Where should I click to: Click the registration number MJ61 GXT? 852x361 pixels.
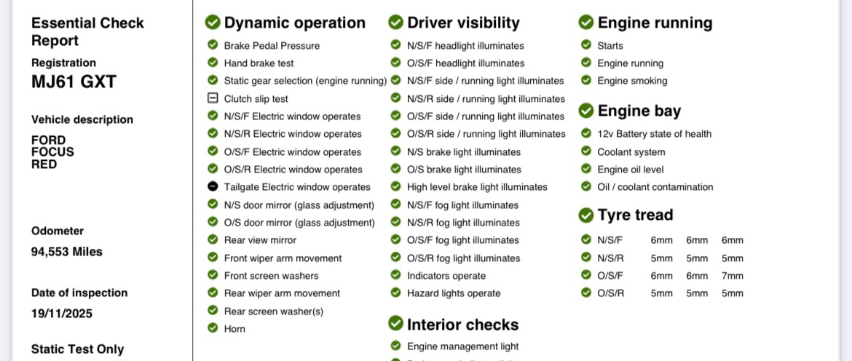coord(74,82)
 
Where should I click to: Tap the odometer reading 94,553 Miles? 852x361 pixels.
coord(67,252)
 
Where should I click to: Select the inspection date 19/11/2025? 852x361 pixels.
coord(62,314)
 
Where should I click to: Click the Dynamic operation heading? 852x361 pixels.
coord(294,23)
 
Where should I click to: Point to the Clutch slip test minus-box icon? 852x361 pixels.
coord(213,98)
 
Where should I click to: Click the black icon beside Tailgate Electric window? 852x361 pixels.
coord(213,187)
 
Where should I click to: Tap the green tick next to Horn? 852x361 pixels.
coord(213,328)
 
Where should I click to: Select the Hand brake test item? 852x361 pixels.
coord(259,63)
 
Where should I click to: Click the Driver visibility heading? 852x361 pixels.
coord(463,23)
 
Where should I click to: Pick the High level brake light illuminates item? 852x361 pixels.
coord(477,187)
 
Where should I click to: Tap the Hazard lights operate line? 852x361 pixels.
coord(454,293)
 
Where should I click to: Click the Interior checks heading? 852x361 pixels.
coord(462,325)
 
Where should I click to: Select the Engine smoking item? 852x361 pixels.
coord(632,81)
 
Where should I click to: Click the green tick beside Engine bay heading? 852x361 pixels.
coord(586,111)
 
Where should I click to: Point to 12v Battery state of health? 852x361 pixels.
coord(654,134)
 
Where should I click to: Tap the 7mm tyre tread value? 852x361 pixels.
coord(733,276)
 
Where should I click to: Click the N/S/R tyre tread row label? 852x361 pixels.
coord(610,258)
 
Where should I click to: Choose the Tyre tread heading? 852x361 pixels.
coord(635,215)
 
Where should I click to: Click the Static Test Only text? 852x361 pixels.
coord(78,349)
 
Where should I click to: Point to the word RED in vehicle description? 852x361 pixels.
coord(44,164)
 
